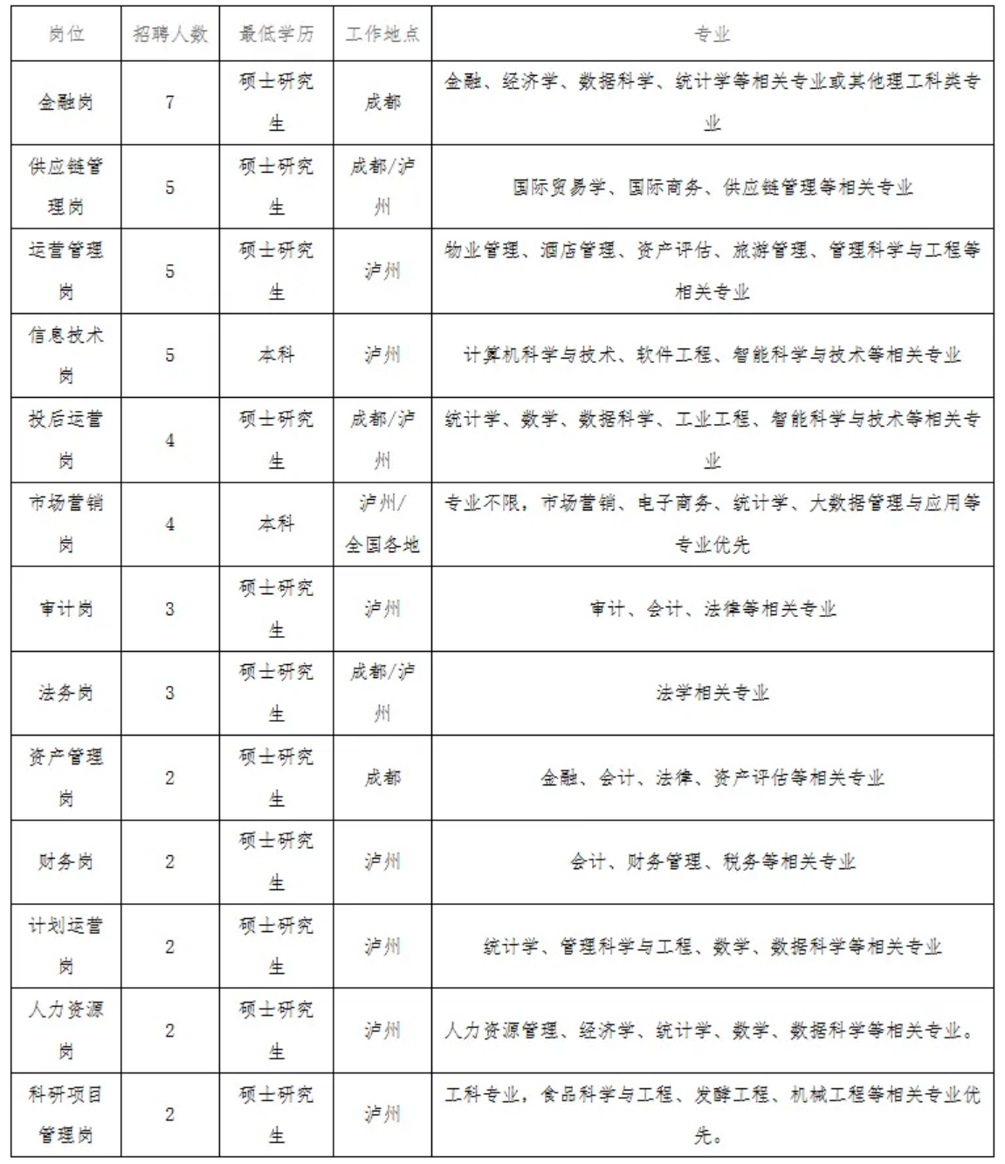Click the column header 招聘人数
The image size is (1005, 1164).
[170, 34]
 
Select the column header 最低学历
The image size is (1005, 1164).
[276, 34]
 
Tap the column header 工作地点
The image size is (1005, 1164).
[382, 34]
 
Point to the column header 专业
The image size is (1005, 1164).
[712, 34]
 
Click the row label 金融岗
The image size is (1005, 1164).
[65, 102]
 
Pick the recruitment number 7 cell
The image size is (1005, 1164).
[170, 102]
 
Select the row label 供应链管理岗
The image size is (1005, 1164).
[65, 187]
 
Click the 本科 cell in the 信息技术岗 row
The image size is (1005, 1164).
[276, 355]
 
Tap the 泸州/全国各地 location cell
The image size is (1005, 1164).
[382, 524]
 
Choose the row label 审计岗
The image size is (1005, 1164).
[65, 608]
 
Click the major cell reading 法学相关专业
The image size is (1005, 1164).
[712, 693]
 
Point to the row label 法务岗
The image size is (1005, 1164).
[65, 693]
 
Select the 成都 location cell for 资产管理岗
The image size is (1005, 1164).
[382, 777]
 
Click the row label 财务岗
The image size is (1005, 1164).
[65, 861]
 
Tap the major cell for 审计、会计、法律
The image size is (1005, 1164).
[712, 608]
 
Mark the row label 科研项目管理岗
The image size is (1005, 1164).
[65, 1114]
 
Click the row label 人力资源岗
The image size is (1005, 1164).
[65, 1030]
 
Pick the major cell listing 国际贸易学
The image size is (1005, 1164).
[712, 187]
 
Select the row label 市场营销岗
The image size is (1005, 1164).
[65, 524]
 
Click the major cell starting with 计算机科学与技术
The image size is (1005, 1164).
[712, 355]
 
